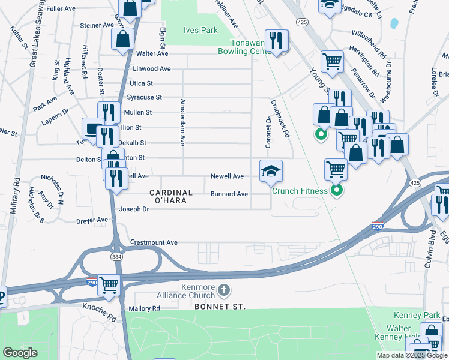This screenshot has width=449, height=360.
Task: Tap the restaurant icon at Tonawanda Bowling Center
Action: click(276, 41)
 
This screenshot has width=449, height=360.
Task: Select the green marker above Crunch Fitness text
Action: click(337, 191)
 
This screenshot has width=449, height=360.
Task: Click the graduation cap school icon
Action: click(270, 171)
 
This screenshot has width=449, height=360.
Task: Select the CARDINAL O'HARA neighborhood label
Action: click(170, 197)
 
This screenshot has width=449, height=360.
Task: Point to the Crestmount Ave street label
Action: click(155, 242)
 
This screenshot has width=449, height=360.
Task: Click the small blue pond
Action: click(394, 24)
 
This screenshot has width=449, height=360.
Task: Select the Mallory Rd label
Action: click(144, 308)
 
